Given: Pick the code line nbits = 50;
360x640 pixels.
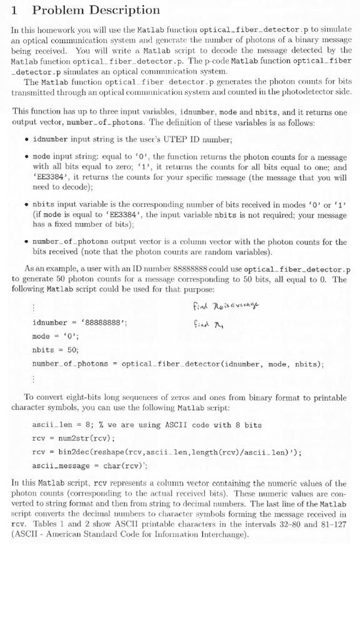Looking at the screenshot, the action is [56, 350].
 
